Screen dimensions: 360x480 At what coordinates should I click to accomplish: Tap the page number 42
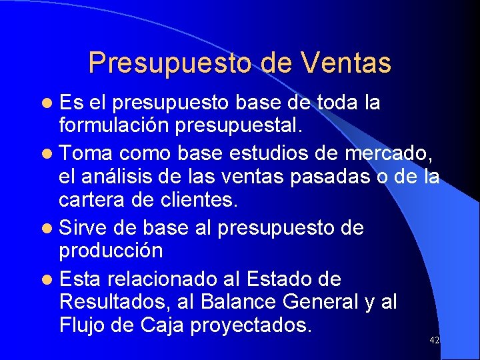[434, 340]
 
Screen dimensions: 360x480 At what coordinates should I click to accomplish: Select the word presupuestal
[256, 127]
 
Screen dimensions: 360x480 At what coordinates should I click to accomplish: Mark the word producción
[111, 251]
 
